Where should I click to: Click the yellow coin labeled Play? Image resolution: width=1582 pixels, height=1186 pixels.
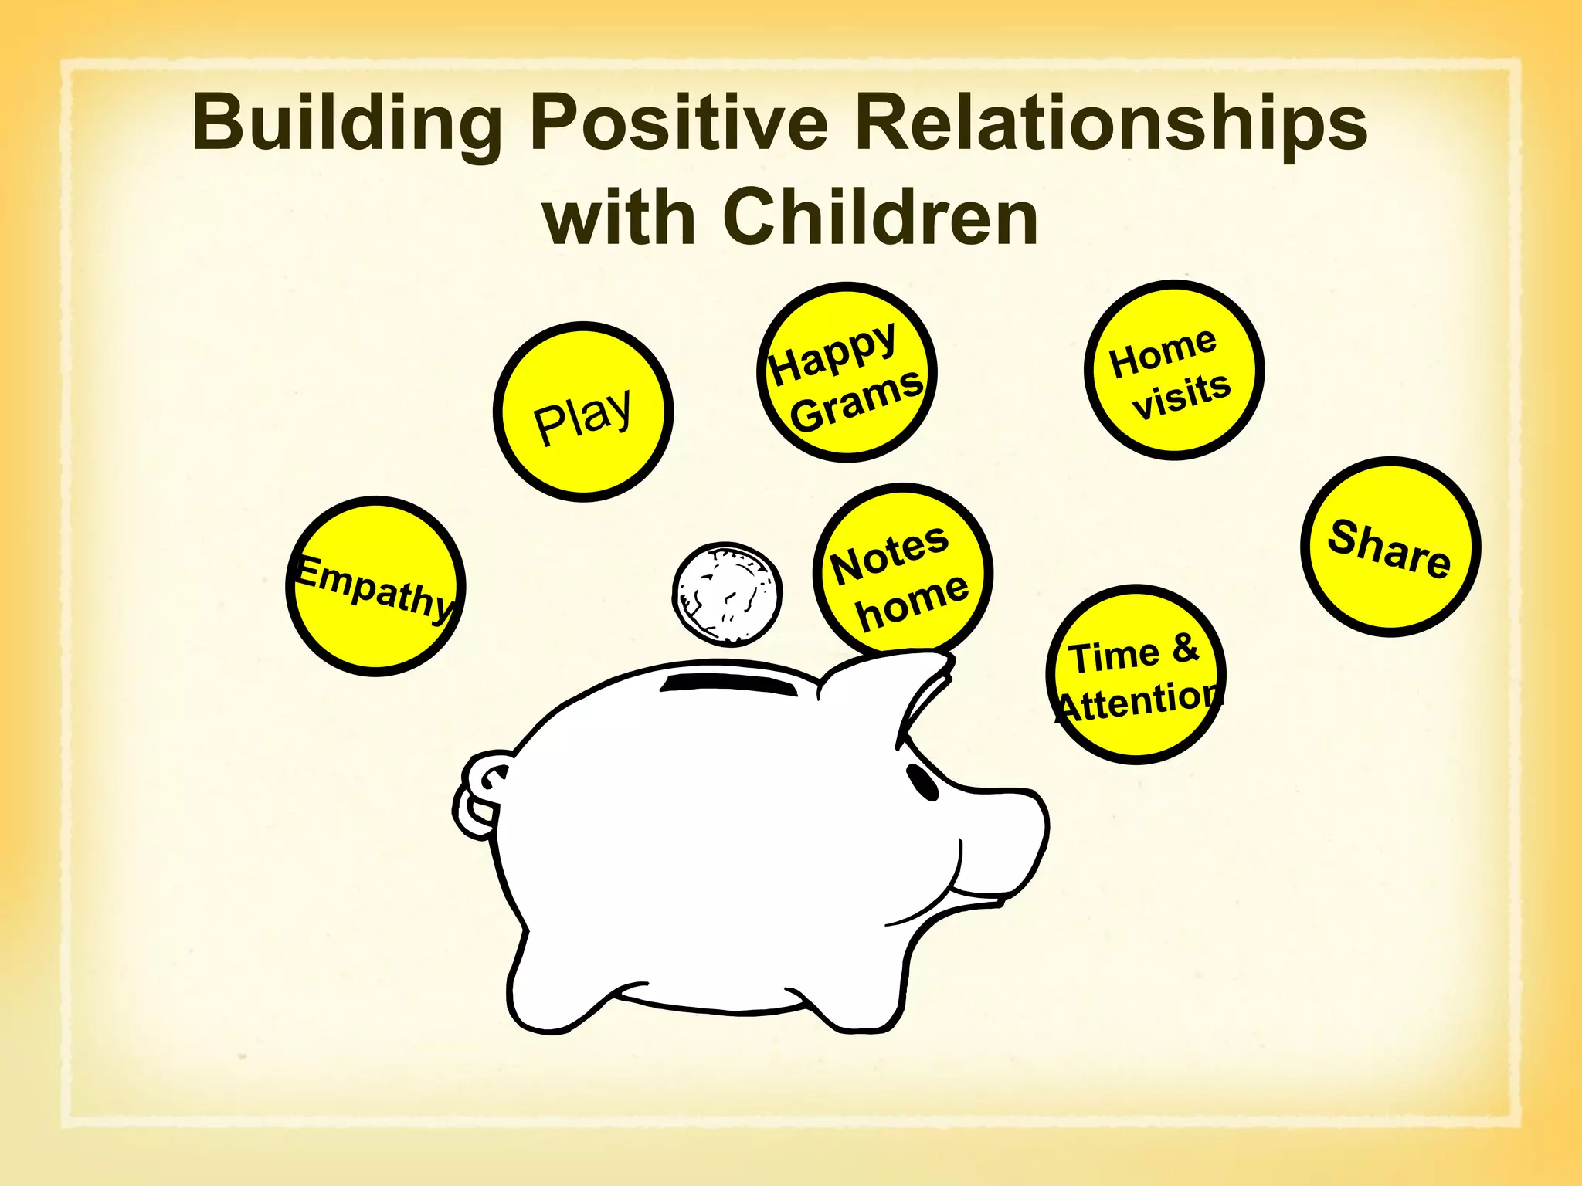(x=583, y=412)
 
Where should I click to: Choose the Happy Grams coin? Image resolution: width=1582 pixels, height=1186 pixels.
(x=847, y=373)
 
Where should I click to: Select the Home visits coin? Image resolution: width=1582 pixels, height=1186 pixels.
(x=1174, y=371)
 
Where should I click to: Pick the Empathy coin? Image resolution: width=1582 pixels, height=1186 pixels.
(x=376, y=586)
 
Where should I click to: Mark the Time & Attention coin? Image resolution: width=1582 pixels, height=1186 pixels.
(x=1136, y=675)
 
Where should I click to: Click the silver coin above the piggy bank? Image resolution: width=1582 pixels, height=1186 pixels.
(x=727, y=594)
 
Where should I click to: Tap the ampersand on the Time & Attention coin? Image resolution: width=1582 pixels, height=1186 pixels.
(x=1185, y=649)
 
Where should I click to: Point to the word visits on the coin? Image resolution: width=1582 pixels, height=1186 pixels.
(x=1181, y=396)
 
